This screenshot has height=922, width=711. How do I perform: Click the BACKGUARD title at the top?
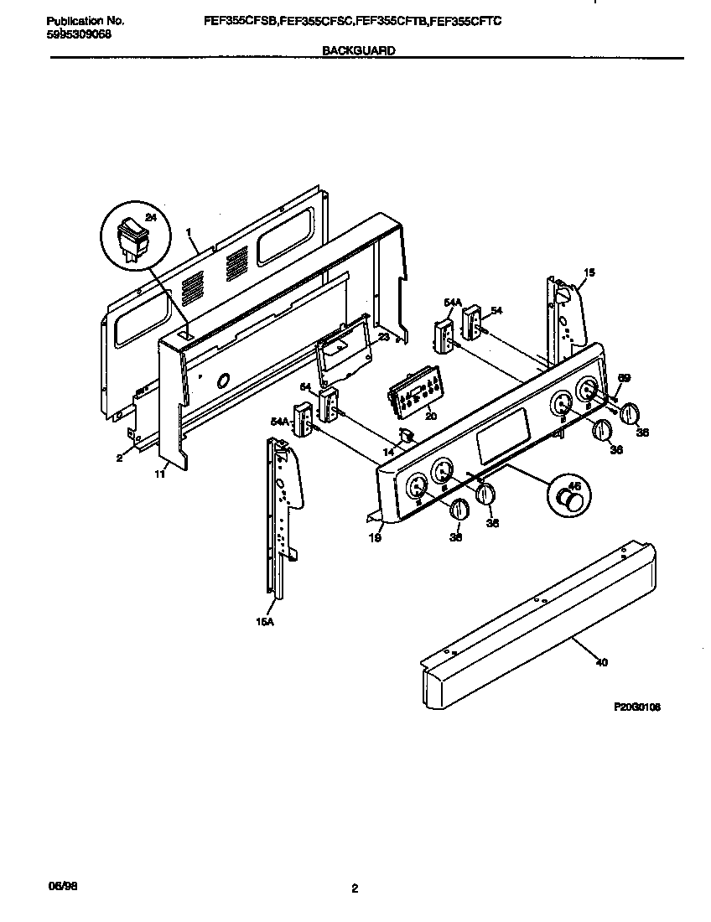click(359, 50)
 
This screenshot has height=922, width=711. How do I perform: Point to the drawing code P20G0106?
click(637, 707)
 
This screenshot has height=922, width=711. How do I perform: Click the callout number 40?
click(600, 662)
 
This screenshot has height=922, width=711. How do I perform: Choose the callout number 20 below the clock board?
click(431, 415)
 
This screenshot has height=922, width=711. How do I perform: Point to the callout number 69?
click(623, 379)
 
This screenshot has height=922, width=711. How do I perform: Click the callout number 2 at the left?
click(120, 458)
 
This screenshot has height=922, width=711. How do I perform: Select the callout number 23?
click(382, 337)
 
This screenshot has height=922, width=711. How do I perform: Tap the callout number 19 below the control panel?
click(375, 538)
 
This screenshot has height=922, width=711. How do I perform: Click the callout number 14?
click(388, 452)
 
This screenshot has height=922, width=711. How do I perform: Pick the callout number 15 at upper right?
click(589, 272)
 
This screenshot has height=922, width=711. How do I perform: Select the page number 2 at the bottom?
click(355, 889)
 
